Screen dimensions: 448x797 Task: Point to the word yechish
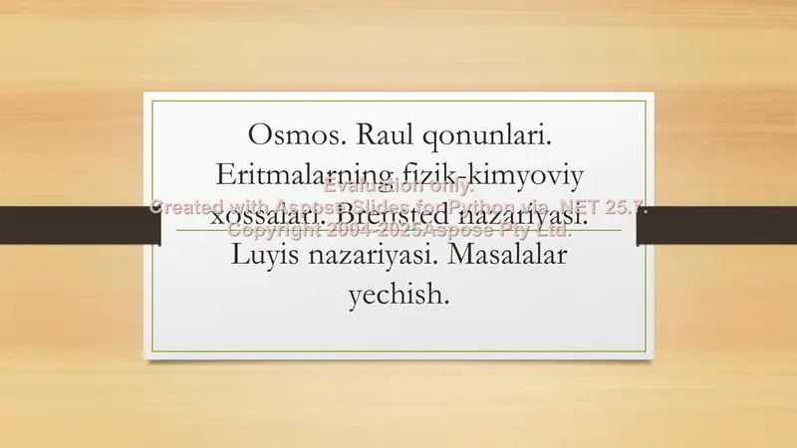[x=398, y=296]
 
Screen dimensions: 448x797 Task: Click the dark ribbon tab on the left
[x=80, y=225]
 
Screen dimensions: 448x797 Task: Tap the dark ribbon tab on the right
[x=717, y=225]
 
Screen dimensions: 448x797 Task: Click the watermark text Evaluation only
[x=398, y=186]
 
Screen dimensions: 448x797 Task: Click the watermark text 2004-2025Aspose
[x=398, y=230]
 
